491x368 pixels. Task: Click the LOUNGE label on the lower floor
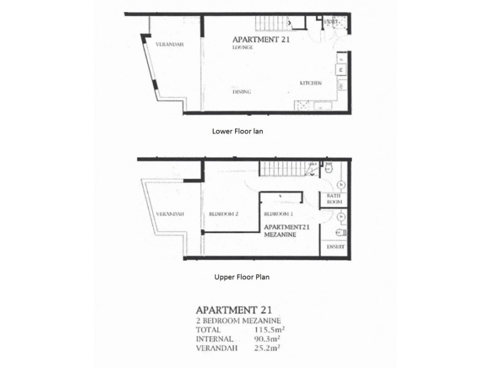243,47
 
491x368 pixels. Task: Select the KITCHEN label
311,83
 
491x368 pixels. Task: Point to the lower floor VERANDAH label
169,45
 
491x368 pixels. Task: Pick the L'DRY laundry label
331,21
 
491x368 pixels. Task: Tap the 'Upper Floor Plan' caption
242,277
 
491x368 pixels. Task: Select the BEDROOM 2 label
223,214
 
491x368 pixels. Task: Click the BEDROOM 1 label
277,214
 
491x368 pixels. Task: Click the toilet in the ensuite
341,232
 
